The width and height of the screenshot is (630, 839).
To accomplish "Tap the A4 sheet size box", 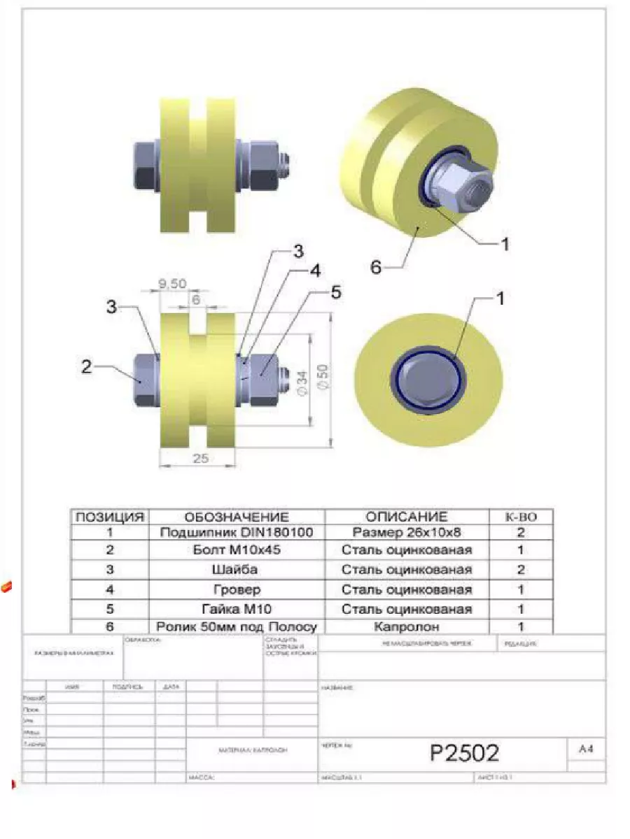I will tap(586, 749).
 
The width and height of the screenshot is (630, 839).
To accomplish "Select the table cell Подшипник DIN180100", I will tap(236, 533).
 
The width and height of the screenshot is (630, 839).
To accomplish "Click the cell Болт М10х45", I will tap(236, 550).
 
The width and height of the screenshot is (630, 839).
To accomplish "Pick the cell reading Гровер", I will tap(236, 589).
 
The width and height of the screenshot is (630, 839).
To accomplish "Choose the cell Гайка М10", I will tap(236, 609).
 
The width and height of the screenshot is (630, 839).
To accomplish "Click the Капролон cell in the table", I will tap(407, 627).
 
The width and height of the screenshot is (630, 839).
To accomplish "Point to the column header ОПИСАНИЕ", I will tap(407, 517).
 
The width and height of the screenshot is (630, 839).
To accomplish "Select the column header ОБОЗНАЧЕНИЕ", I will tap(236, 517).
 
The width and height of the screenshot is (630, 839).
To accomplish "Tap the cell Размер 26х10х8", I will tap(407, 533).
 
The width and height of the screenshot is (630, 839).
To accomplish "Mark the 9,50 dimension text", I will tap(171, 283).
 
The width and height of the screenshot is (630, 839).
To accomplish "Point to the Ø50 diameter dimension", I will tap(321, 378).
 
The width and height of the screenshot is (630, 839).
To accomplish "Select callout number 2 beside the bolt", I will tap(87, 366).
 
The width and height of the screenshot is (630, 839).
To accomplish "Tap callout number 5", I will tap(335, 292).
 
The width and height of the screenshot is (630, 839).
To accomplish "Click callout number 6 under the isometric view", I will tap(376, 268).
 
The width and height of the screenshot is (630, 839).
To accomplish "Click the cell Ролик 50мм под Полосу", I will tap(236, 627).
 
